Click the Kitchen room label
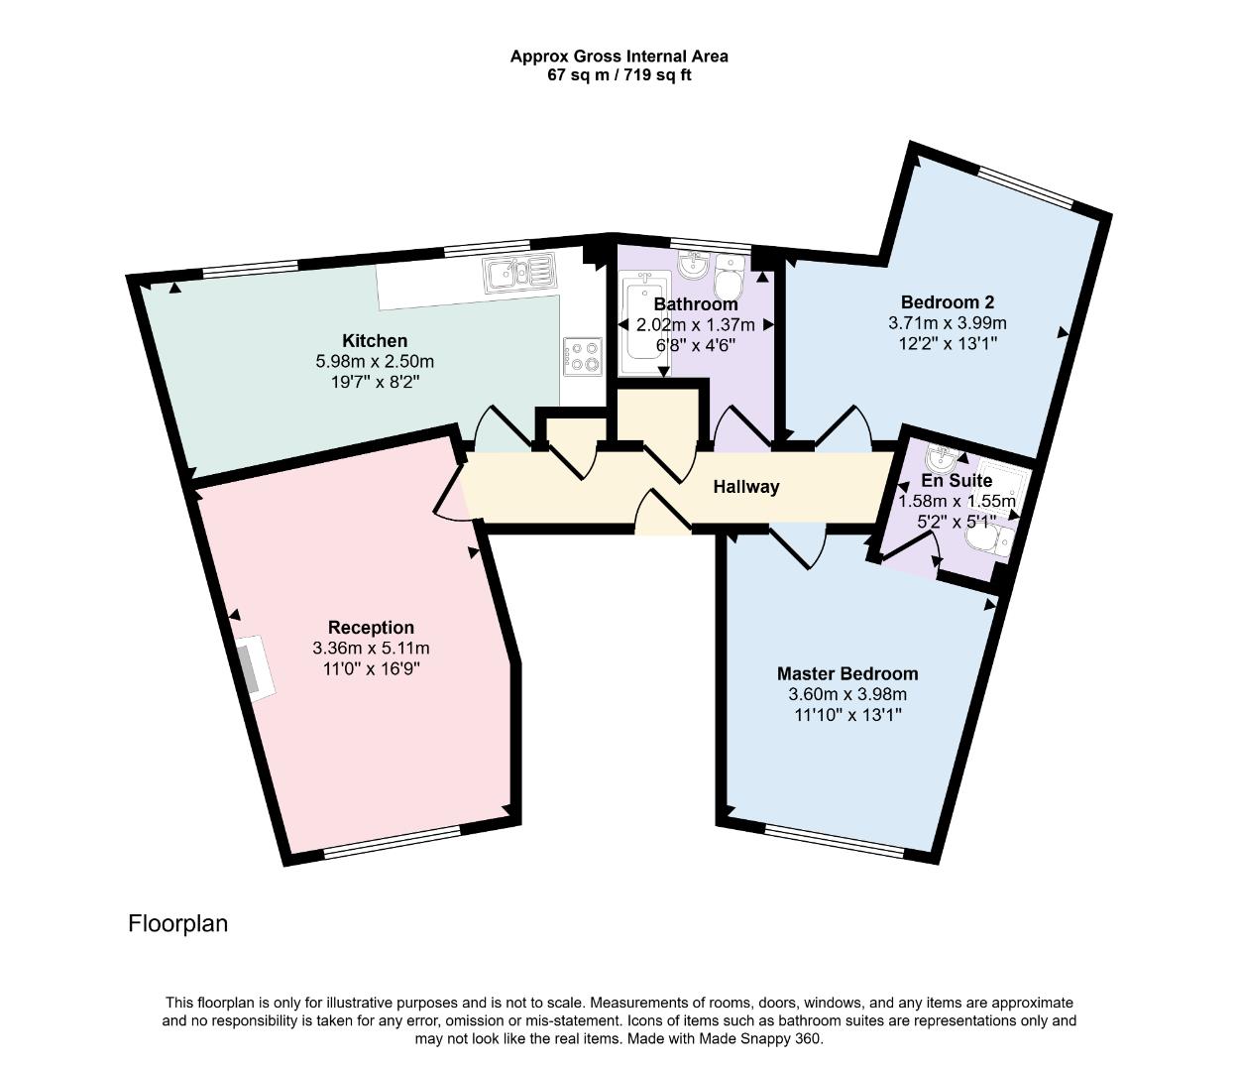pyautogui.click(x=375, y=340)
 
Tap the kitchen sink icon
pyautogui.click(x=519, y=271)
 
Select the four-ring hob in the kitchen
pyautogui.click(x=582, y=356)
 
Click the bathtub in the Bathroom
pyautogui.click(x=633, y=326)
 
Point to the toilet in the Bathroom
pyautogui.click(x=730, y=273)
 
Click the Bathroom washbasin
pyautogui.click(x=693, y=266)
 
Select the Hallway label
pyautogui.click(x=746, y=487)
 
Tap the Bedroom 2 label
pyautogui.click(x=947, y=302)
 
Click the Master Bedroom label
pyautogui.click(x=846, y=673)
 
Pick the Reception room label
pyautogui.click(x=371, y=627)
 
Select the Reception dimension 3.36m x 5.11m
pyautogui.click(x=371, y=649)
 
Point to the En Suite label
pyautogui.click(x=956, y=481)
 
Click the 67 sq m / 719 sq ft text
pyautogui.click(x=619, y=75)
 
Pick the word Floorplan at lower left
pyautogui.click(x=178, y=923)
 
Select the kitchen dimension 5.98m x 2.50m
pyautogui.click(x=375, y=362)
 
